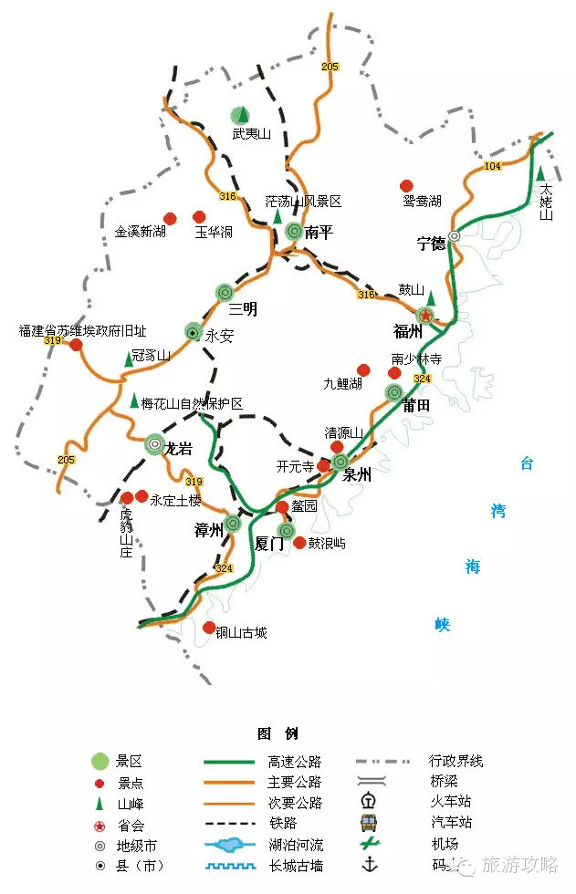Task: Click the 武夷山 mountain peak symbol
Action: coord(239,115)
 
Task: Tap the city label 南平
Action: coord(319,233)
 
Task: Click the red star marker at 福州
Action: coord(426,315)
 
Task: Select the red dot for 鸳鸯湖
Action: coord(407,185)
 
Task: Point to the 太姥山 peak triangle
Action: coord(541,173)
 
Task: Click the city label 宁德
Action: coord(431,244)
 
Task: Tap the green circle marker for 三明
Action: coord(225,292)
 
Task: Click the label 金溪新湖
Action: coord(141,233)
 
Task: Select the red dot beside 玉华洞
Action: coord(199,217)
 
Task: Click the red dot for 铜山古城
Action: coord(209,628)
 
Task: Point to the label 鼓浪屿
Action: coord(326,543)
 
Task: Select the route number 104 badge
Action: coord(492,166)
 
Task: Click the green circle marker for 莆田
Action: coord(393,392)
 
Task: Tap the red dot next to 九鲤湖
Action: coord(364,370)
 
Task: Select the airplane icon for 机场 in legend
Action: coord(370,844)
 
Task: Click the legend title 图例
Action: coord(277,733)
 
